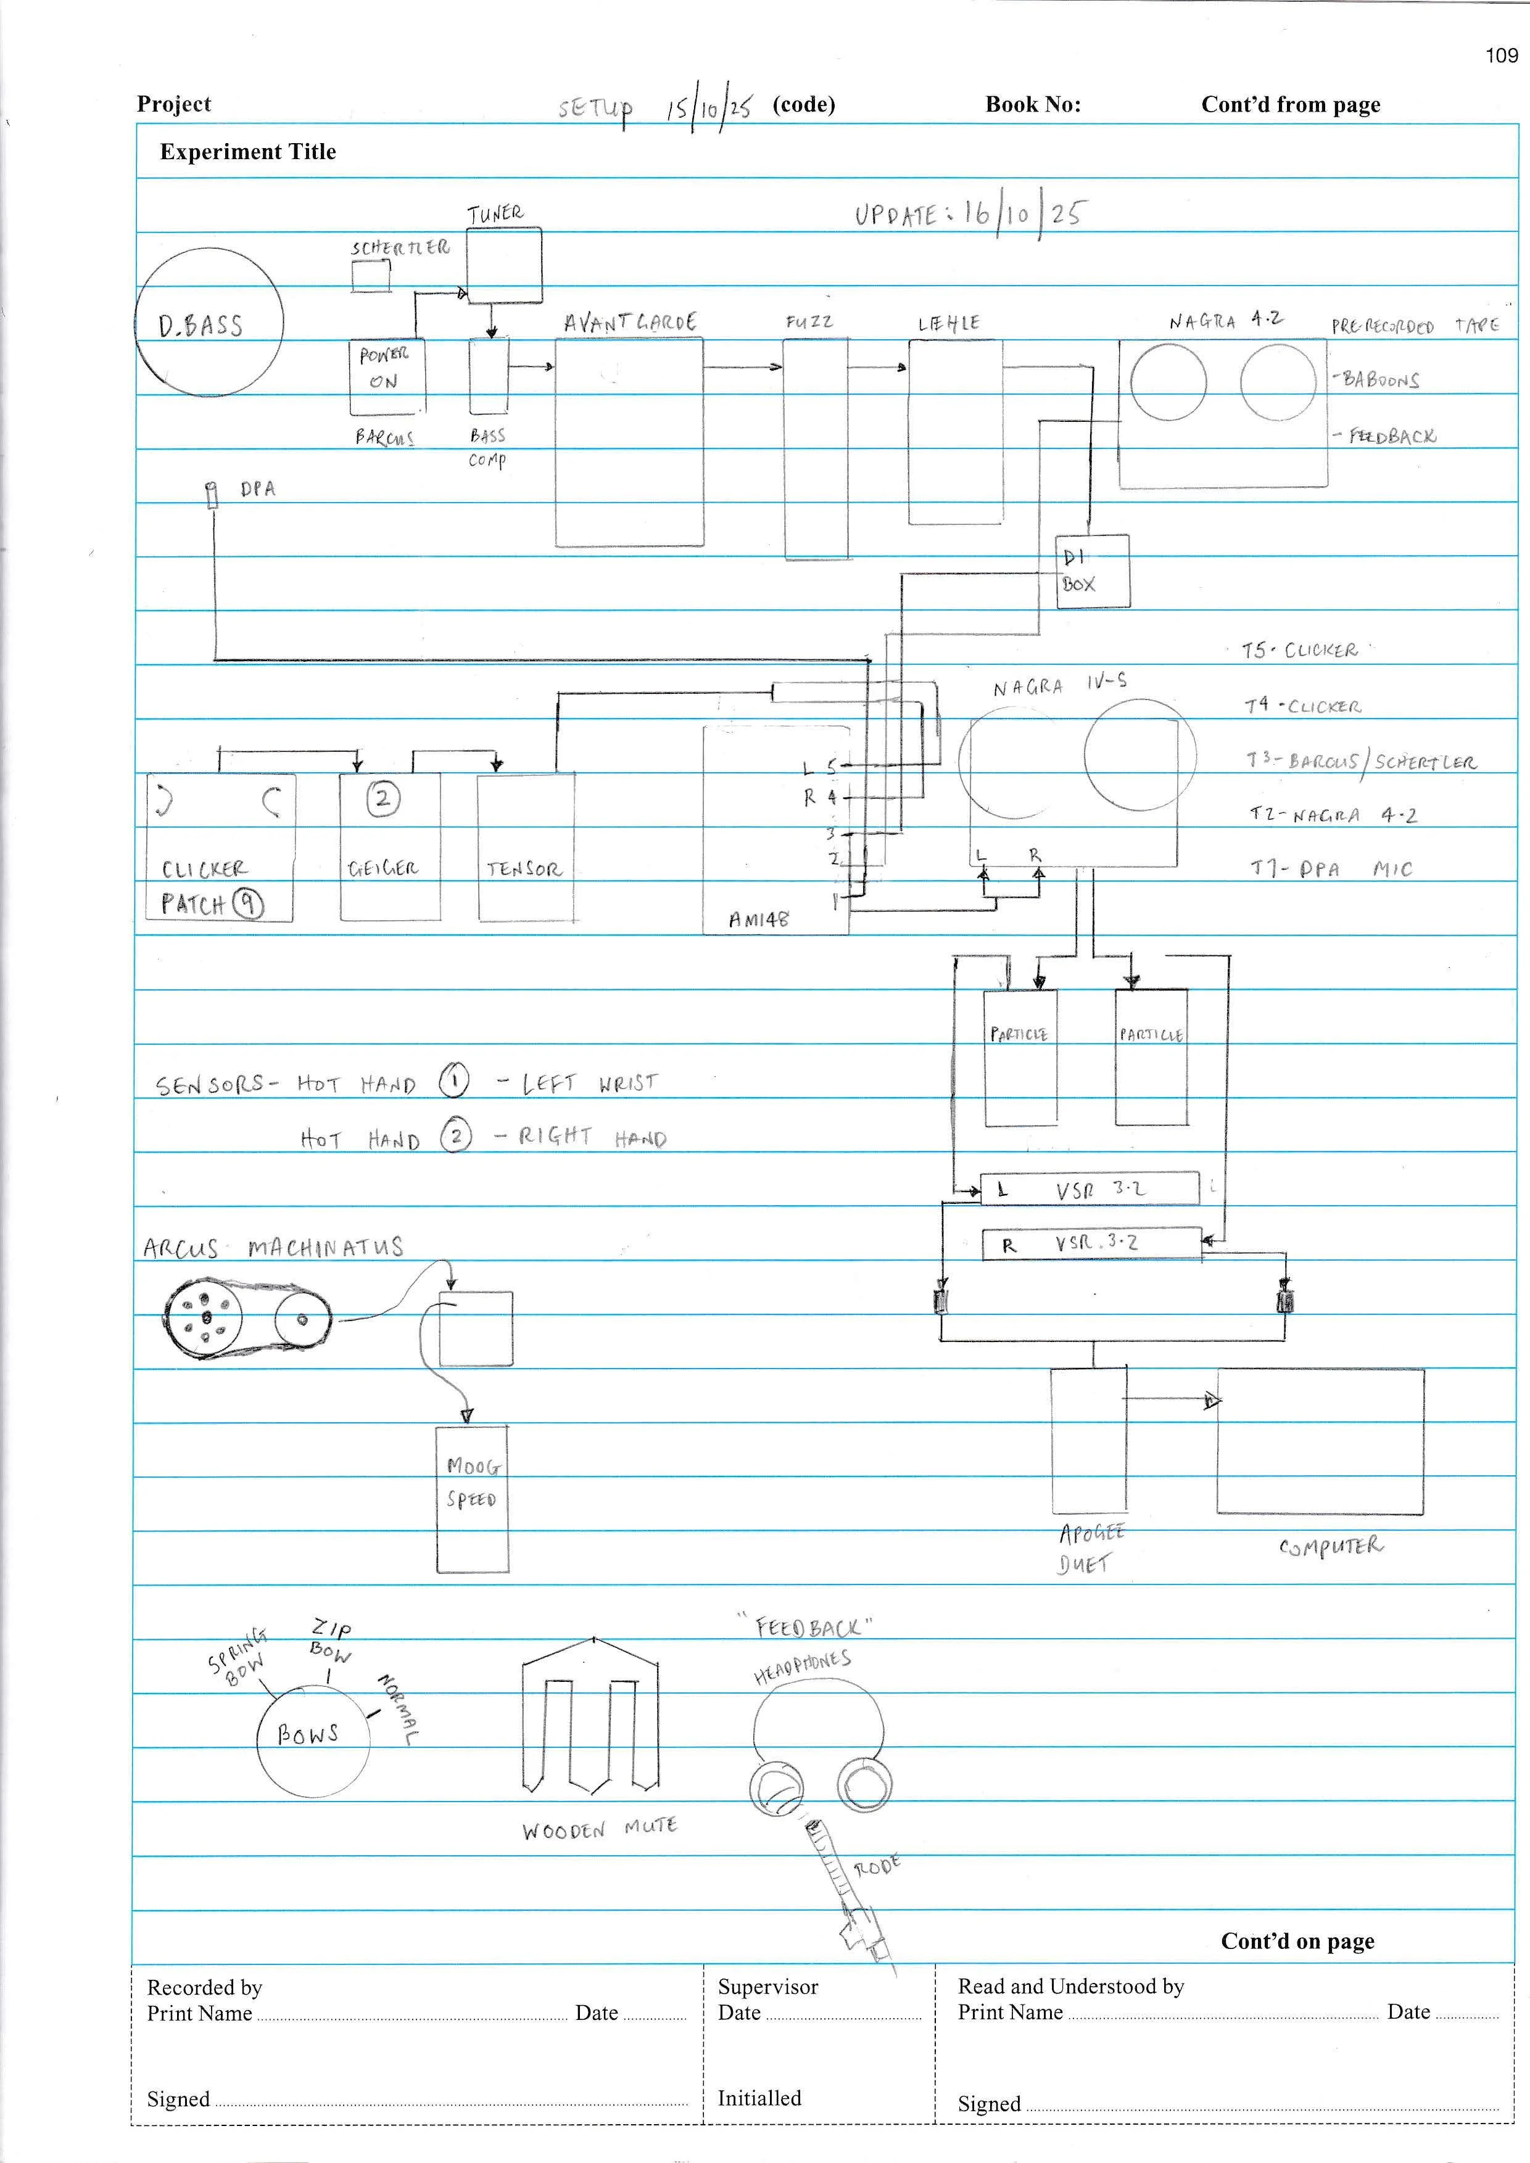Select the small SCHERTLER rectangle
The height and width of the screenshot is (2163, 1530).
[371, 276]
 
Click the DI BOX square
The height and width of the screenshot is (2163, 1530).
[1092, 571]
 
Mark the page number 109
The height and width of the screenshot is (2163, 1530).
[1502, 56]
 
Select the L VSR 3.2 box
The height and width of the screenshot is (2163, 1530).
[1090, 1189]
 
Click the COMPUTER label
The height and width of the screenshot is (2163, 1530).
[1330, 1547]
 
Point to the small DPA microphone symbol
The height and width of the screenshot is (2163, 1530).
[212, 495]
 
